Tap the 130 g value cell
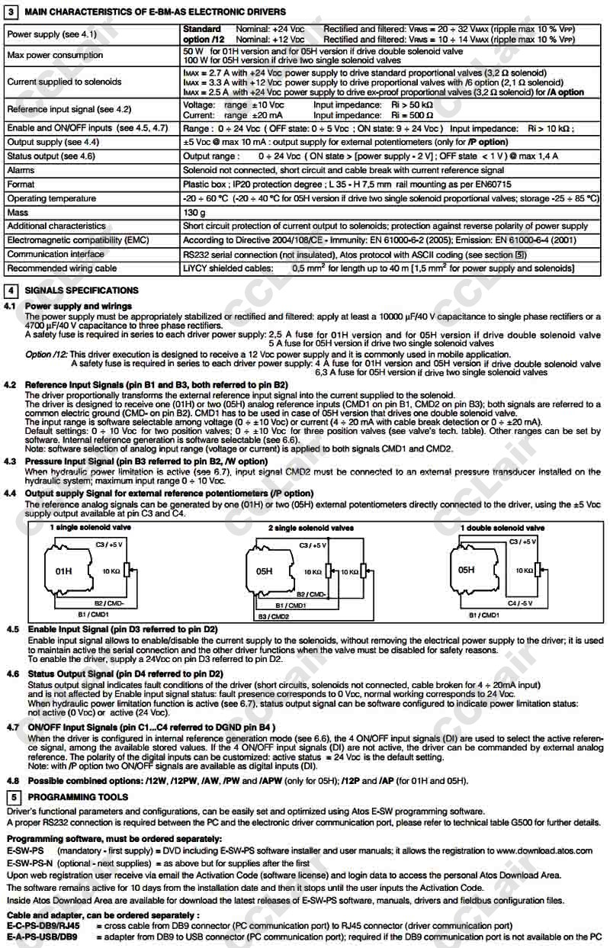(x=194, y=213)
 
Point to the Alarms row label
(x=21, y=171)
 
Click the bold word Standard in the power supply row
(x=202, y=29)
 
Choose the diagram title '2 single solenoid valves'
(x=310, y=528)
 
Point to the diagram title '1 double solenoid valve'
(x=502, y=528)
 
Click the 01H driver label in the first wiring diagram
(x=64, y=570)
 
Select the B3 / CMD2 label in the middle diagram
(x=273, y=615)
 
